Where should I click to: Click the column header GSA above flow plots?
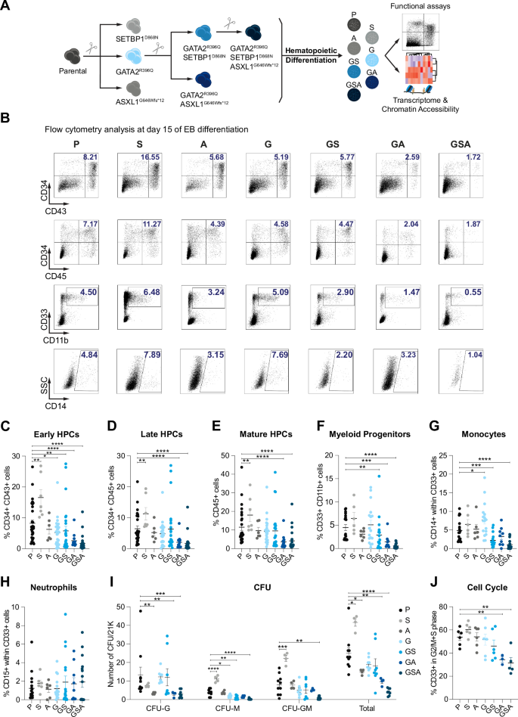tap(466, 141)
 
